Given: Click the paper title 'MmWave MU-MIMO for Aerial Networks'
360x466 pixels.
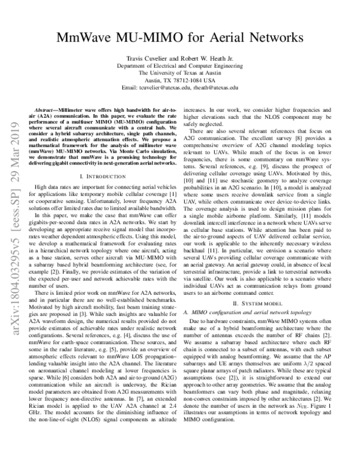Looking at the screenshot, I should [180, 38].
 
